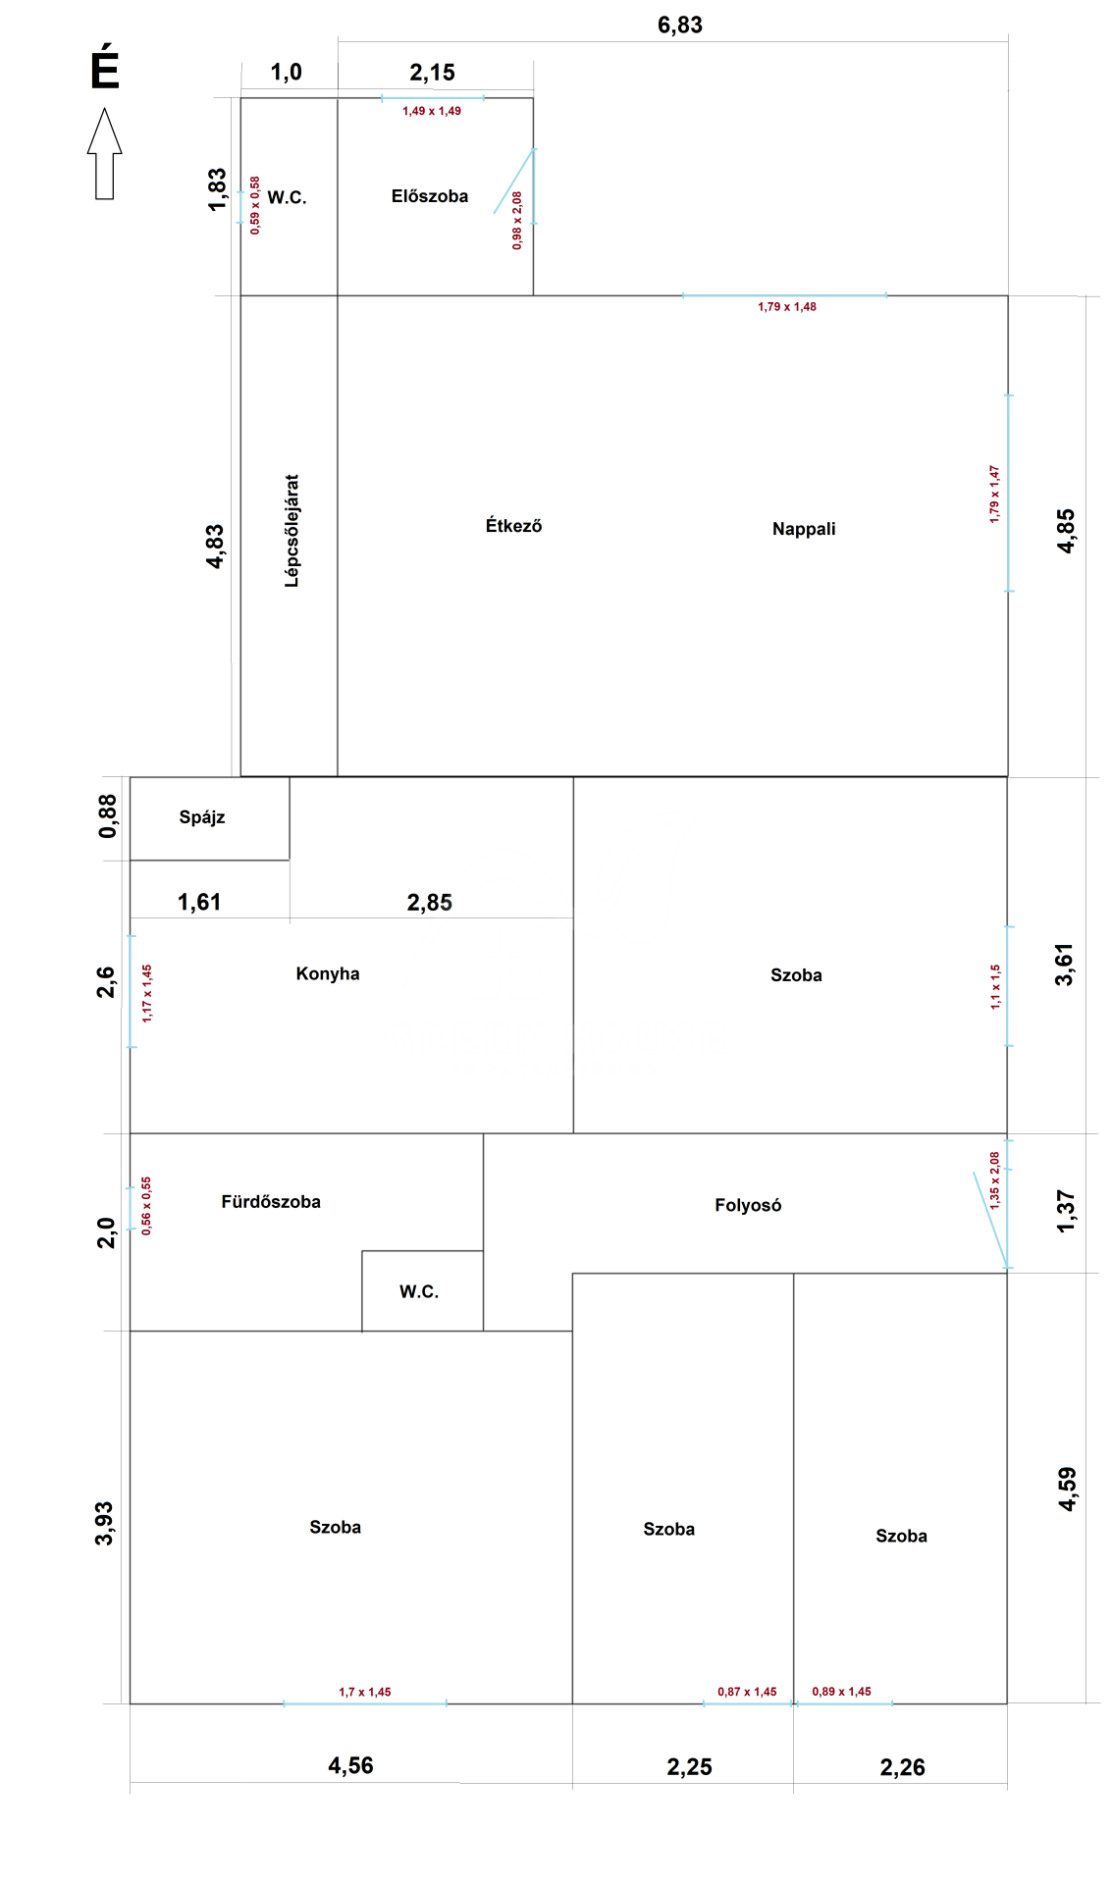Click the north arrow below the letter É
(x=105, y=153)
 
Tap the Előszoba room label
(x=430, y=196)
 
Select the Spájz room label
(x=202, y=817)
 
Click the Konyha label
(x=328, y=973)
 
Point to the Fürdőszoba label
(x=271, y=1202)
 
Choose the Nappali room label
(x=804, y=530)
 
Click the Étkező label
(x=513, y=526)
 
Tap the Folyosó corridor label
(x=748, y=1205)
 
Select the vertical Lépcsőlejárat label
(x=291, y=531)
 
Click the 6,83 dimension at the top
(x=680, y=26)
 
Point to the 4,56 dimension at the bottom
(x=350, y=1765)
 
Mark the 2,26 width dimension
(x=902, y=1767)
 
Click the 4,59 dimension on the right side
(x=1067, y=1489)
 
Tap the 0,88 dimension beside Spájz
(x=107, y=816)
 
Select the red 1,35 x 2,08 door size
(x=994, y=1180)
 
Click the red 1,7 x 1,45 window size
(x=365, y=1692)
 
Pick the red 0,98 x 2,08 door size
(x=517, y=221)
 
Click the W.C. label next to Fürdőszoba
(x=419, y=1291)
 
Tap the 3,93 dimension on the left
(x=104, y=1523)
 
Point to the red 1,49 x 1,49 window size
(x=432, y=111)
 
